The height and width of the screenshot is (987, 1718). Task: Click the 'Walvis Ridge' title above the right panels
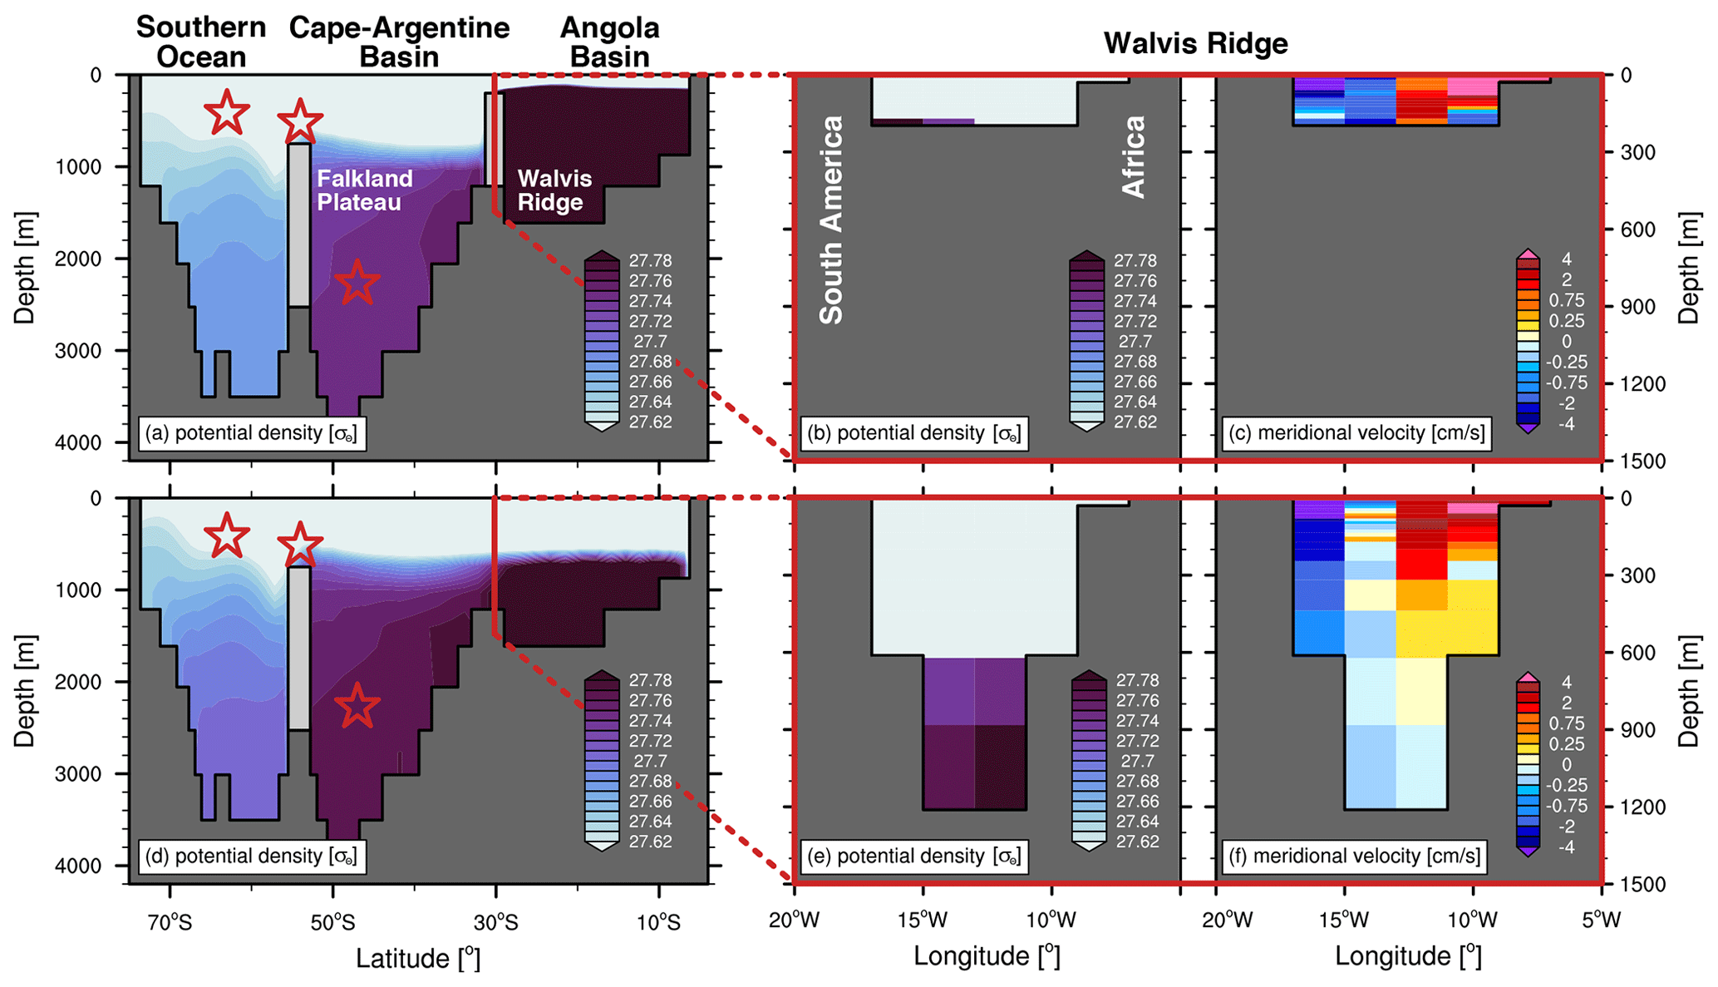(x=1195, y=43)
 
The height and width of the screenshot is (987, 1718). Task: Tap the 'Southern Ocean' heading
(x=201, y=42)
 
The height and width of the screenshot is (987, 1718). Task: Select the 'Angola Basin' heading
(x=609, y=42)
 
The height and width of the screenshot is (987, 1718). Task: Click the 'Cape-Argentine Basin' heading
(x=399, y=42)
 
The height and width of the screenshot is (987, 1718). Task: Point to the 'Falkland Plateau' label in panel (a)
(x=364, y=190)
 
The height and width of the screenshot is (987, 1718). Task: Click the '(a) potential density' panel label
(x=250, y=433)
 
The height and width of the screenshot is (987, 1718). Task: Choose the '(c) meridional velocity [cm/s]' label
(x=1356, y=433)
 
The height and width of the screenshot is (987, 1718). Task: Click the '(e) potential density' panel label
(x=913, y=856)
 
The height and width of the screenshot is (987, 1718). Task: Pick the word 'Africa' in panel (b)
(x=1134, y=156)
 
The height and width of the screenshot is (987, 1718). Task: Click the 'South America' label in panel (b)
(x=831, y=220)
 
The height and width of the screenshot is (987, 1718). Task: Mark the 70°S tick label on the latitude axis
(x=170, y=922)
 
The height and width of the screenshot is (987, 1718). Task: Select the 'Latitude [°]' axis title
(x=418, y=958)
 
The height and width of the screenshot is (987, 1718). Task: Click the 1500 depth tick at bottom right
(x=1642, y=885)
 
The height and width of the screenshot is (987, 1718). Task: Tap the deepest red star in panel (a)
(x=357, y=283)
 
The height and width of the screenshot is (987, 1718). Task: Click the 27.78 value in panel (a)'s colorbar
(x=650, y=261)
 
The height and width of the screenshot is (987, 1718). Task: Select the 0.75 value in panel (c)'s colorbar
(x=1566, y=300)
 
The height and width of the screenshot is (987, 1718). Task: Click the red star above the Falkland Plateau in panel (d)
(x=299, y=545)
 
